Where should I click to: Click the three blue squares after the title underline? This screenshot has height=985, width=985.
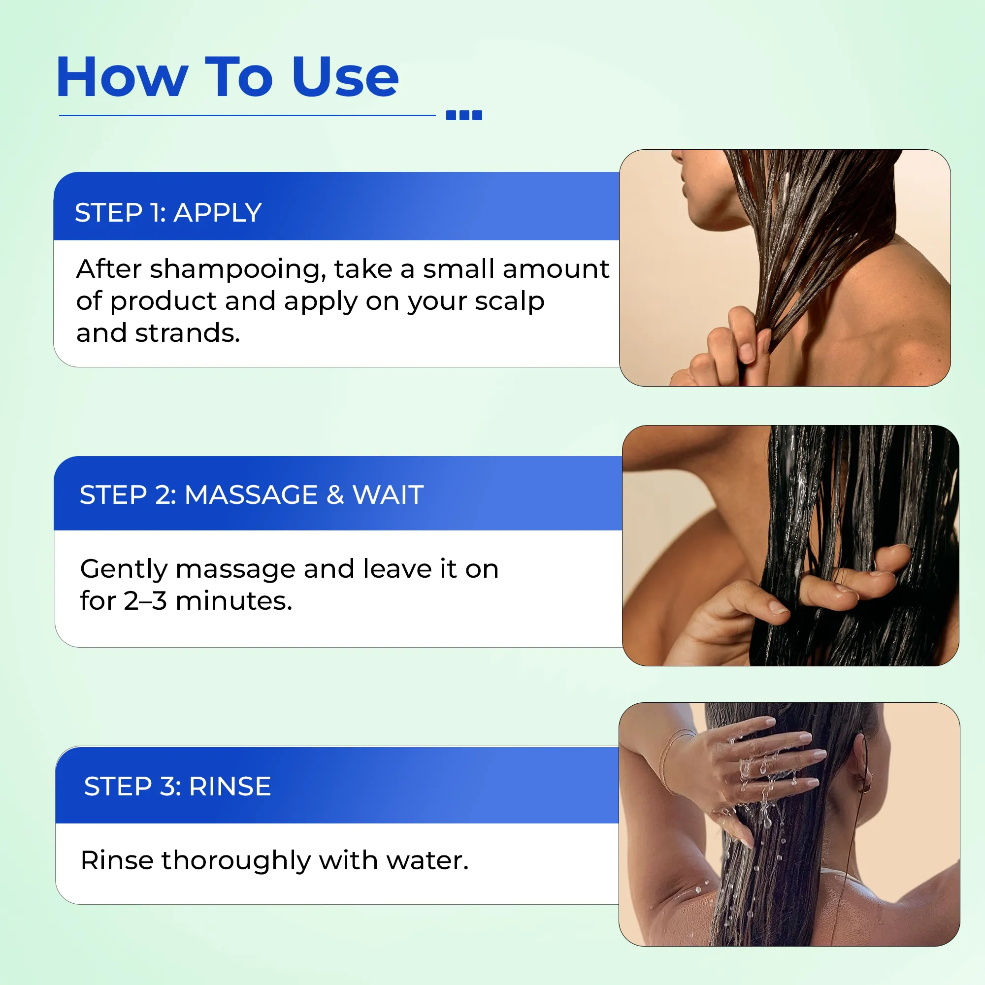coord(464,115)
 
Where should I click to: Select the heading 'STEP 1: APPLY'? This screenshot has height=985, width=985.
coord(168,212)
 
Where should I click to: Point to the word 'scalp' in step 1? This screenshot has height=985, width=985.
coord(509,302)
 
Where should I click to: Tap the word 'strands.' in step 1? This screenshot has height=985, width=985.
coord(187,333)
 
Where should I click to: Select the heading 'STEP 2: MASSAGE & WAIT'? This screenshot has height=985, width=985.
coord(252,494)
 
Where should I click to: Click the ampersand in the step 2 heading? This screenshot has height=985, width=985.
coord(335,494)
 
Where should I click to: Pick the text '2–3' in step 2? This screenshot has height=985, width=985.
coord(145,600)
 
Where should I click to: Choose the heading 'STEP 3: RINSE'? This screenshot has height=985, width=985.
coord(177,786)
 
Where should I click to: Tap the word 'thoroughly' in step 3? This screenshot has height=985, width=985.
coord(236,861)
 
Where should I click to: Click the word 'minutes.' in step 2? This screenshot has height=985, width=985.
coord(234,600)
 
